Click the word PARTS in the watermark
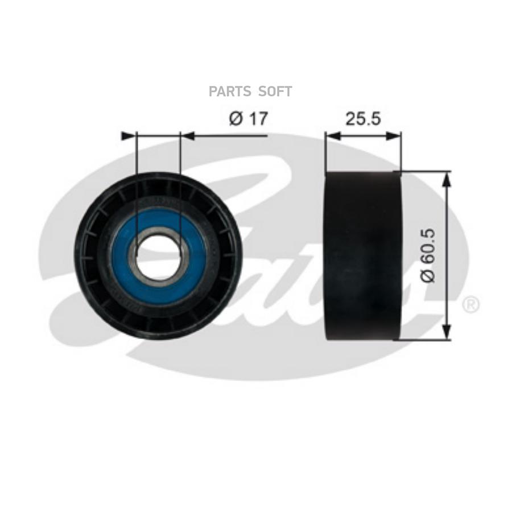pos(230,92)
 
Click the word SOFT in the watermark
pos(275,92)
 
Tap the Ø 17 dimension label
pos(249,118)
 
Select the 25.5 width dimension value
pos(363,118)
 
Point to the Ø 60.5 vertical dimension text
pos(428,255)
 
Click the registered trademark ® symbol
pos(470,304)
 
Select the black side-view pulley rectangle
pos(363,255)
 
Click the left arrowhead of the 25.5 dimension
pos(333,136)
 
